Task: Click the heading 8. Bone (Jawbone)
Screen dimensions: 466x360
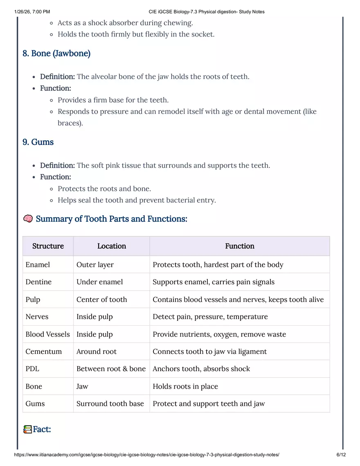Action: point(56,54)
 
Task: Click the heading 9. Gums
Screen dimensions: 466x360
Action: point(38,142)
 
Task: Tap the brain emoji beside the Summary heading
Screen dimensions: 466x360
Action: point(28,219)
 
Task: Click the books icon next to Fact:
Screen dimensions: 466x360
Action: point(27,430)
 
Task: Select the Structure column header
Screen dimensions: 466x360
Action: point(48,246)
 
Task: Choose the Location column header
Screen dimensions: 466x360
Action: point(111,246)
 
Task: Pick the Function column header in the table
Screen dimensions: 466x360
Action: point(239,246)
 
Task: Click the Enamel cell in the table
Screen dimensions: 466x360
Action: point(38,265)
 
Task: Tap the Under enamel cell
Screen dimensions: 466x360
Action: point(99,282)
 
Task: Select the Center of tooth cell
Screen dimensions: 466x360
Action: point(101,299)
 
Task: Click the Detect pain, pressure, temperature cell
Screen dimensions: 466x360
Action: point(210,317)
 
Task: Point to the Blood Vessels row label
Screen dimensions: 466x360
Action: point(47,334)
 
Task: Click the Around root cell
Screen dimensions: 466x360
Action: point(96,351)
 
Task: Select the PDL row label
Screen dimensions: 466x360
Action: point(32,369)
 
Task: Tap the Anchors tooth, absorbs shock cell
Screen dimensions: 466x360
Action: point(201,369)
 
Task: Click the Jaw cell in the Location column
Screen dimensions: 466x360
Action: point(82,386)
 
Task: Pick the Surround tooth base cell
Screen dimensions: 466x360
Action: point(110,403)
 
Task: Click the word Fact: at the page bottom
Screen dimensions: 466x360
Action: point(42,430)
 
